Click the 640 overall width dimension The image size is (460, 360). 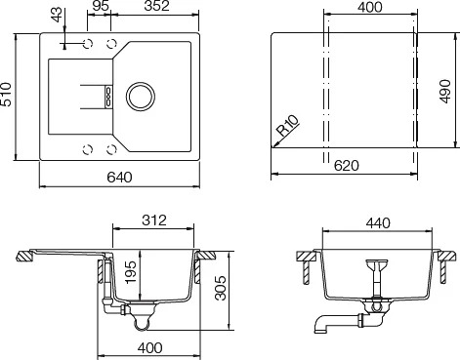[119, 178]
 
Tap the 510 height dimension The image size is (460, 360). [6, 95]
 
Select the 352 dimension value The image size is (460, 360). [157, 6]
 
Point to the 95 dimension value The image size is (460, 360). [101, 6]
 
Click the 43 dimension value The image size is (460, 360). [57, 15]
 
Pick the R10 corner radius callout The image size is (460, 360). [288, 126]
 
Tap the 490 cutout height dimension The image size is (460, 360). [445, 92]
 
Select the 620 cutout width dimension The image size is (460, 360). [347, 166]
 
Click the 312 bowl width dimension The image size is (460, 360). [154, 220]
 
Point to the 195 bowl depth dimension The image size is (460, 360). [132, 271]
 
